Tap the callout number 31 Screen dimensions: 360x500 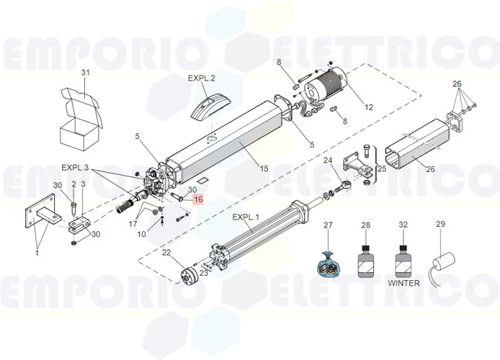pos(85,73)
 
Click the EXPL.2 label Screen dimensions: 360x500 pos(202,78)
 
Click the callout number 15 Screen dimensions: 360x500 pos(264,168)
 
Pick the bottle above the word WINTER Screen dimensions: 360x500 pos(403,257)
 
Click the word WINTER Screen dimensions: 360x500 pos(403,283)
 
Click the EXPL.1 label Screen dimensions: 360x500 pos(246,217)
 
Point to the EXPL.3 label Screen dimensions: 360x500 pos(76,167)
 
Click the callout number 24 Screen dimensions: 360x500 pos(327,160)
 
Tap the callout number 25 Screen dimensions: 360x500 pos(382,170)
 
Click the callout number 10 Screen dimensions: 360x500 pos(142,235)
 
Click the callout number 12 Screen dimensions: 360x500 pos(368,107)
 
